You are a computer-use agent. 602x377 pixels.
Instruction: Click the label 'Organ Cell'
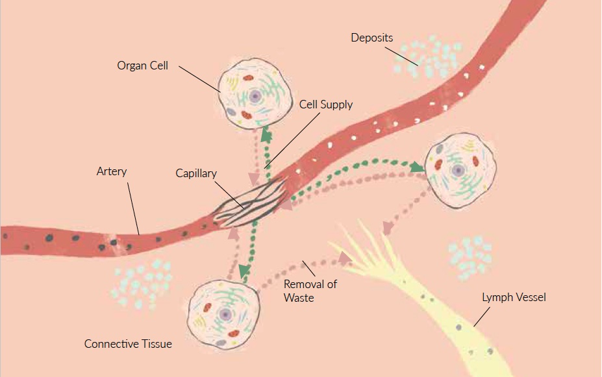(x=142, y=66)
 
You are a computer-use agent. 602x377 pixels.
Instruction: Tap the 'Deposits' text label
(x=371, y=38)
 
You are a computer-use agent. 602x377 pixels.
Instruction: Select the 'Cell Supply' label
(x=326, y=104)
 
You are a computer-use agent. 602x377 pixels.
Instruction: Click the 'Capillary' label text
(x=196, y=174)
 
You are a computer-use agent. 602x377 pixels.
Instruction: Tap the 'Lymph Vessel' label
(x=514, y=297)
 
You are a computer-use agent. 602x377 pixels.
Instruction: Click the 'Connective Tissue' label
(x=128, y=344)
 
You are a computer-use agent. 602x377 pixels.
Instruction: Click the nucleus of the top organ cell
(x=255, y=96)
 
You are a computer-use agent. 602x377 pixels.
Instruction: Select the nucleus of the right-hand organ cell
(x=459, y=171)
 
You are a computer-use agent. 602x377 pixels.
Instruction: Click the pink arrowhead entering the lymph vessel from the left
(x=344, y=259)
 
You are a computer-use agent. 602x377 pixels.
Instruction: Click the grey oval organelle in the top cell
(x=231, y=112)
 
